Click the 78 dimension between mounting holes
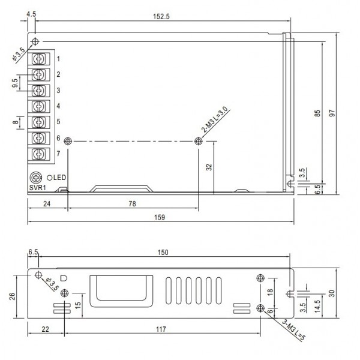(133, 204)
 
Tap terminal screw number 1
(40, 59)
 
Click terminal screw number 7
(40, 154)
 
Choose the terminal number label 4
(58, 106)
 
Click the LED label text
(61, 177)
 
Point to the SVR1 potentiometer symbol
(36, 177)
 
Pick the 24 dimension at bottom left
(47, 204)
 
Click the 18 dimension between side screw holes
(271, 292)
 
